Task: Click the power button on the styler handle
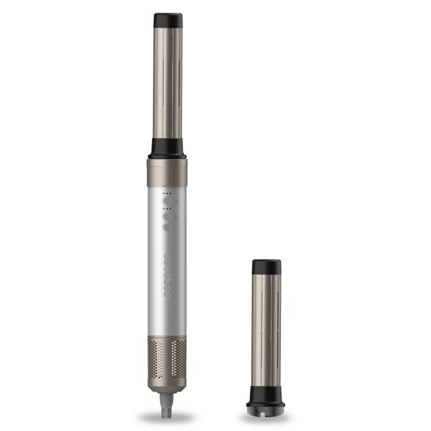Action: coord(166,227)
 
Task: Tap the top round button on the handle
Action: coord(166,199)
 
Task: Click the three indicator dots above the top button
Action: coord(166,192)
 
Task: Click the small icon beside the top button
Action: coord(174,199)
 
